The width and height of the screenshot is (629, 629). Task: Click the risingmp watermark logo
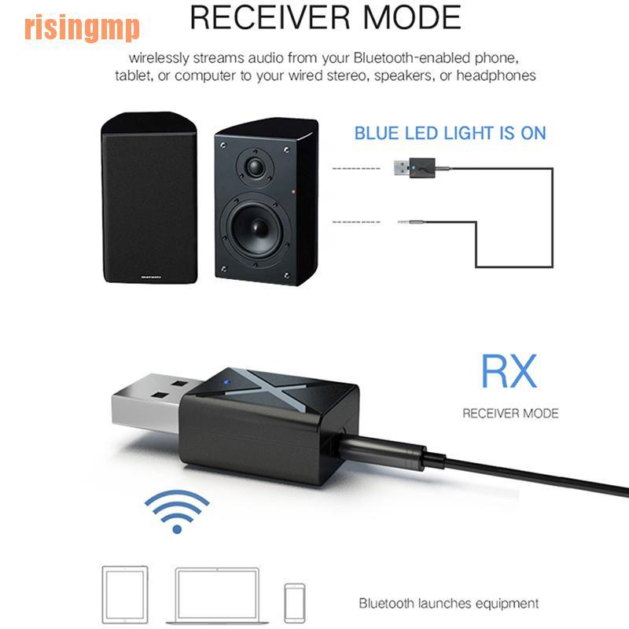[x=82, y=28]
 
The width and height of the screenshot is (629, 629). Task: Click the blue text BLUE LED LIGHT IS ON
[x=450, y=133]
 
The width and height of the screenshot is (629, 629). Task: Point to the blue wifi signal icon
[x=177, y=511]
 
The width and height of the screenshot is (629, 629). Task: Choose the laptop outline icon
[x=218, y=594]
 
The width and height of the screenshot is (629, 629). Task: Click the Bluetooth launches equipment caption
[x=449, y=604]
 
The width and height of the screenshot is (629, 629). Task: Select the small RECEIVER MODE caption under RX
[x=509, y=413]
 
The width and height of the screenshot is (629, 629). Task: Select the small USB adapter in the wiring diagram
[x=414, y=167]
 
